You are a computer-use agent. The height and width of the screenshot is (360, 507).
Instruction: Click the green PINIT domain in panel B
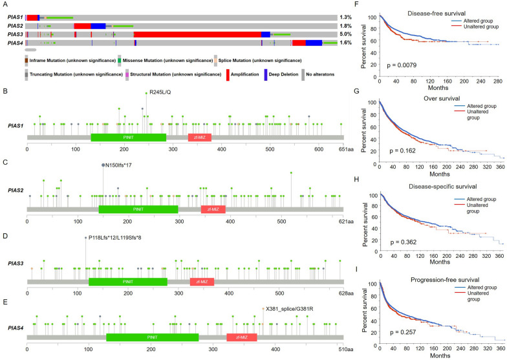click(x=128, y=138)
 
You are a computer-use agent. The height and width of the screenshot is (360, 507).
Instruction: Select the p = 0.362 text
click(x=405, y=242)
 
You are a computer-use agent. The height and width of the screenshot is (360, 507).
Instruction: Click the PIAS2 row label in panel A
click(x=16, y=26)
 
